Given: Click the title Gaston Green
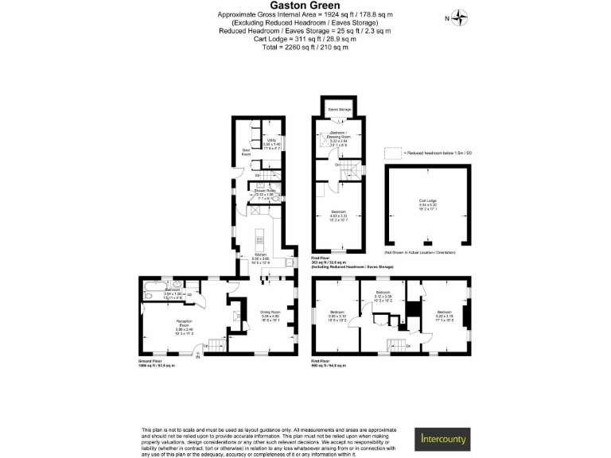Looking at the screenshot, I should tap(305, 6).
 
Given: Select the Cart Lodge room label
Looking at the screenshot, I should tap(428, 203).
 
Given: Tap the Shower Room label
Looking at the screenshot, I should tap(264, 192).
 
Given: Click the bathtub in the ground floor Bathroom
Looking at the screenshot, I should tap(151, 295).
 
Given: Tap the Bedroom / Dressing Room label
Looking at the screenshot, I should tap(338, 137).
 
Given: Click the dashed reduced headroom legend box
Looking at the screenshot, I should tap(393, 153).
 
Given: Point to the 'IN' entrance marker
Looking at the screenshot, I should tap(199, 354).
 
